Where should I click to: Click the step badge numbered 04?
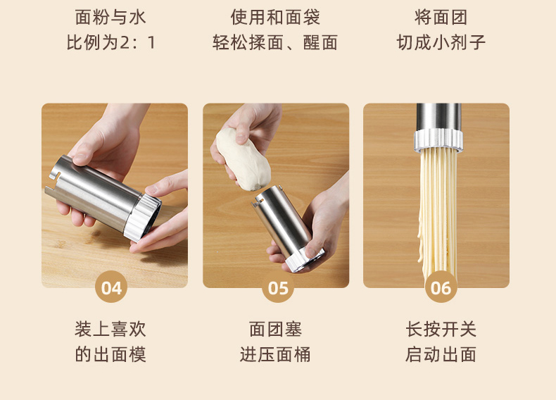[111, 287]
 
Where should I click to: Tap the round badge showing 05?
[277, 287]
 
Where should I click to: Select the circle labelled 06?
[441, 287]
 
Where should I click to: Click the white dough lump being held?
[243, 159]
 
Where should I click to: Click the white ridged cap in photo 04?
[143, 216]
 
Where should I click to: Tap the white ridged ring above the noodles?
[438, 140]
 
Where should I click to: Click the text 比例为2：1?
[111, 42]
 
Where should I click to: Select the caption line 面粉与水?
[110, 17]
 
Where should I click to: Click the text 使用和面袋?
[275, 17]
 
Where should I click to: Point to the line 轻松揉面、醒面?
[275, 42]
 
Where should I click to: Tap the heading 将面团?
[441, 17]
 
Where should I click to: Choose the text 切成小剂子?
[441, 42]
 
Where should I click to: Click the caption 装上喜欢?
[110, 329]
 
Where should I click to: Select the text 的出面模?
[110, 354]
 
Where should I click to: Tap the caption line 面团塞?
[275, 329]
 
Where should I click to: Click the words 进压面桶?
[275, 354]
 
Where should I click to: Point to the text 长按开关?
[441, 329]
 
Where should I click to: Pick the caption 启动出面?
[441, 354]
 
